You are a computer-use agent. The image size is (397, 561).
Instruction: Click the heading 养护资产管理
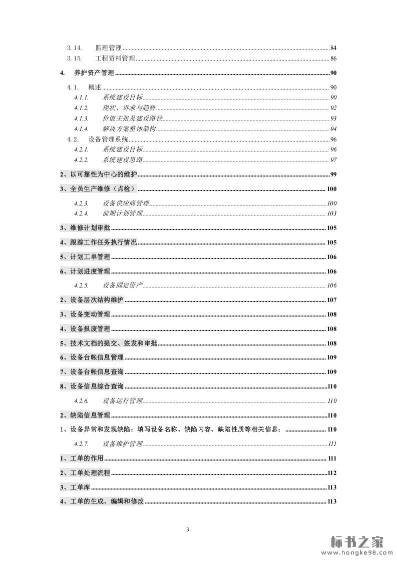point(94,73)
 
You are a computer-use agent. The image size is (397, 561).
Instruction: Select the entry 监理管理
point(108,48)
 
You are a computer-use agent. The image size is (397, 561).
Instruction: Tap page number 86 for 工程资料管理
point(333,59)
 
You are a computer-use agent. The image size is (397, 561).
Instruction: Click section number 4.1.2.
point(81,108)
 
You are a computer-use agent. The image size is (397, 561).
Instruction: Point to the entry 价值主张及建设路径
point(133,118)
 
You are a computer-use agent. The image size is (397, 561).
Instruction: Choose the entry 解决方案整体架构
point(129,129)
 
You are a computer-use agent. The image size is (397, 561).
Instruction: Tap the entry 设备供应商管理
point(126,203)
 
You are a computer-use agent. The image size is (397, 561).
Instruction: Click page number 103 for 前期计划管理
point(331,213)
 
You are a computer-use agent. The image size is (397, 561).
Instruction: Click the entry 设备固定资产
point(123,285)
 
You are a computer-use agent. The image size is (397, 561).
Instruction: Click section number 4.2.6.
point(81,401)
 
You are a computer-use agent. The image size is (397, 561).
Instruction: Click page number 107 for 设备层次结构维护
point(331,300)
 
